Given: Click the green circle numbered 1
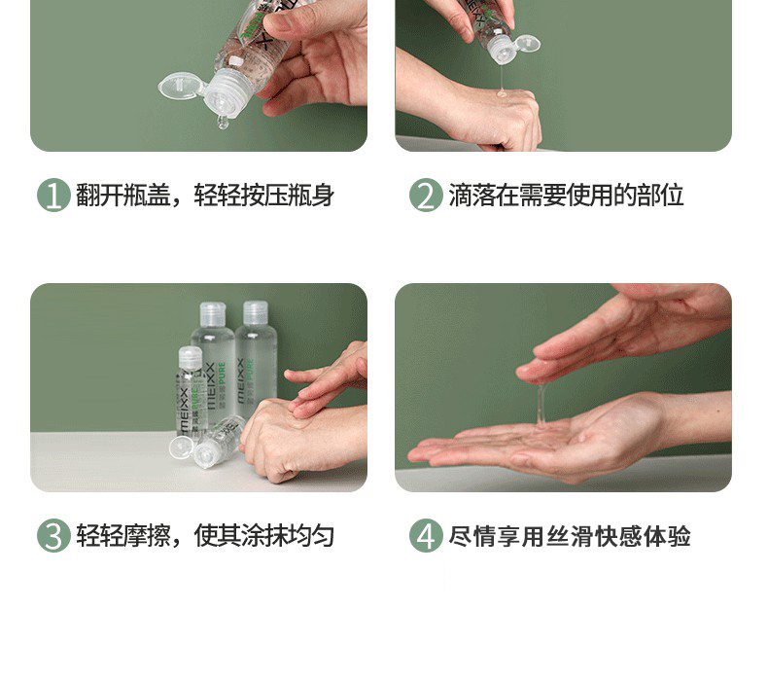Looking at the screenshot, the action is (53, 196).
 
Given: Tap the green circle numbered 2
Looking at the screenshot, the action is (426, 196).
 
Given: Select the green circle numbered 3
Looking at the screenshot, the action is (53, 535).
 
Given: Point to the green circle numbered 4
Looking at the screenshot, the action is (426, 535).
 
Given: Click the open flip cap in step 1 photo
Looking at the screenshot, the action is (180, 87).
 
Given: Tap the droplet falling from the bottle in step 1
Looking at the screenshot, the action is (223, 122).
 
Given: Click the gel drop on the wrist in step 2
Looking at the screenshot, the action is (502, 92).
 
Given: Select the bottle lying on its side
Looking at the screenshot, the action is (210, 443).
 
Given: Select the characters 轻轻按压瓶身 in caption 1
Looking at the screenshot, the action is (264, 196).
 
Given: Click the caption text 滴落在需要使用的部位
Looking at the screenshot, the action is (566, 196).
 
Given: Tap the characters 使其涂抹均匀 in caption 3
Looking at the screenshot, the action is (264, 535).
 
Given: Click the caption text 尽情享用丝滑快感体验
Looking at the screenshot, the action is (570, 535).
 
